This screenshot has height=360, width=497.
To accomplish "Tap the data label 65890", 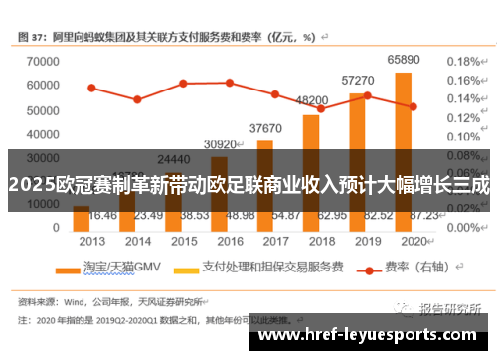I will [x=403, y=60].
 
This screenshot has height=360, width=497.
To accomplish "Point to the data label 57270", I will [x=357, y=80].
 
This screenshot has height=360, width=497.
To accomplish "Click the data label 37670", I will [x=265, y=128].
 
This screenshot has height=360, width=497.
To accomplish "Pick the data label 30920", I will [x=220, y=144].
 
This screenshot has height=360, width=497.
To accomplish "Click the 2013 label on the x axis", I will [x=91, y=242].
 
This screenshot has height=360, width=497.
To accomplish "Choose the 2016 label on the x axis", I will [x=229, y=242].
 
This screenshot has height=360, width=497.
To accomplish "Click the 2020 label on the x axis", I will [x=412, y=242].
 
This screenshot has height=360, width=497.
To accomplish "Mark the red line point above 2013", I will [x=91, y=88].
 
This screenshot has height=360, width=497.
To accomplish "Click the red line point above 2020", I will [x=412, y=106].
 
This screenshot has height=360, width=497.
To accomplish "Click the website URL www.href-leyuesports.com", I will [x=372, y=335].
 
